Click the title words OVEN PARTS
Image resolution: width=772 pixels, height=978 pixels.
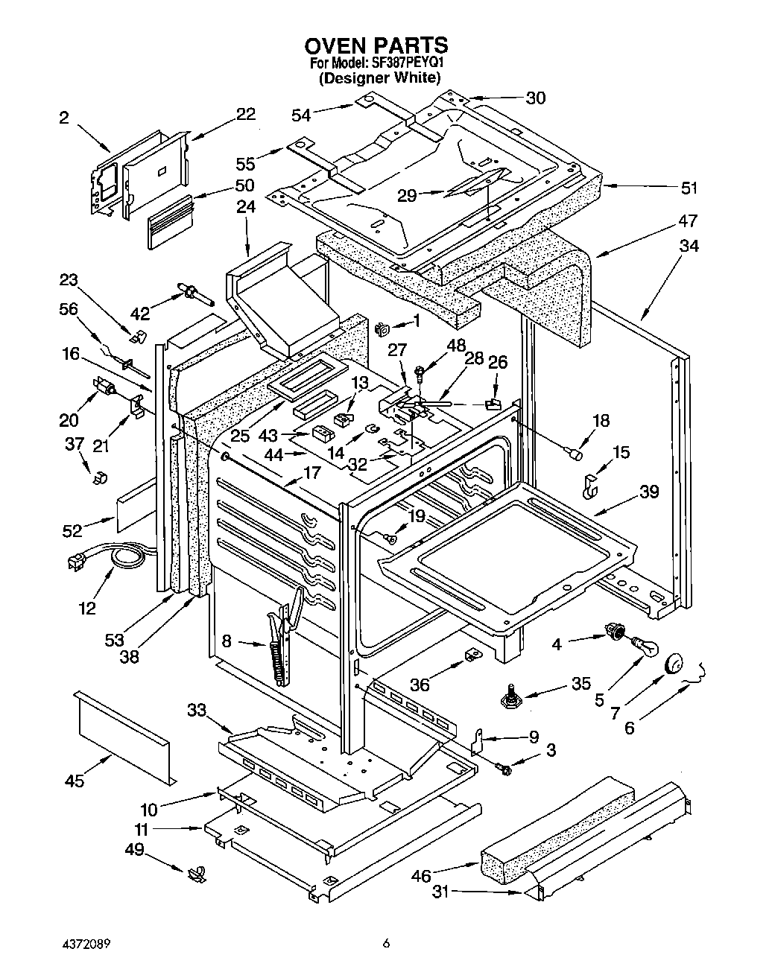[x=376, y=45]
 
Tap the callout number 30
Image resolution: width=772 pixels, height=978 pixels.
[x=535, y=98]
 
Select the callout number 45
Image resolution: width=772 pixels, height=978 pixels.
[x=75, y=781]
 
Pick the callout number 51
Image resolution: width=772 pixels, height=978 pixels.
[x=689, y=188]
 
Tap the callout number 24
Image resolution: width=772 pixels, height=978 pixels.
[x=246, y=207]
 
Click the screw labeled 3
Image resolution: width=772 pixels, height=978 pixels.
[x=504, y=769]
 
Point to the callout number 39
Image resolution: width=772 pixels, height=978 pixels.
[x=649, y=492]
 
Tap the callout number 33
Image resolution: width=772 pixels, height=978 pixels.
[x=197, y=709]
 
